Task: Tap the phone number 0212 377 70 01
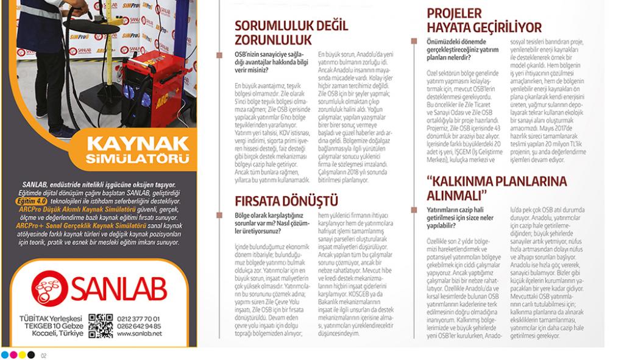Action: (x=141, y=318)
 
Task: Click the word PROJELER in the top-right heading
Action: (x=454, y=13)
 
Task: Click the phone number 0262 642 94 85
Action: (x=141, y=326)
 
